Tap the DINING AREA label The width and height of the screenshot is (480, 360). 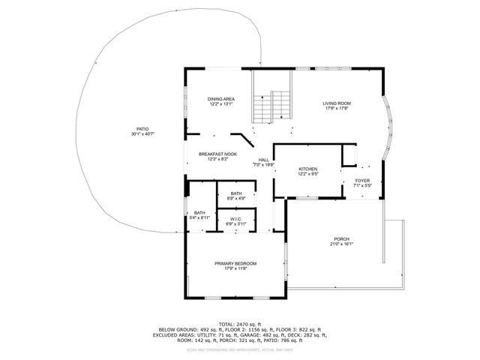220,99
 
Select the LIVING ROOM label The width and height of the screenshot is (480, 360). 337,103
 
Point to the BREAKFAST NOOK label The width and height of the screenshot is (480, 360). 217,154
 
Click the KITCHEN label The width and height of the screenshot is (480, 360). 308,169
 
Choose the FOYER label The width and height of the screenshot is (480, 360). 362,180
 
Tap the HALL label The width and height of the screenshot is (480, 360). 264,160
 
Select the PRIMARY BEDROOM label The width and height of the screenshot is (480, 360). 235,263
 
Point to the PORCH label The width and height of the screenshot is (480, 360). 342,238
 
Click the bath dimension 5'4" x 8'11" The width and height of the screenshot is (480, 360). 199,218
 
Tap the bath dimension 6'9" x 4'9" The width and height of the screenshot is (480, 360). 236,199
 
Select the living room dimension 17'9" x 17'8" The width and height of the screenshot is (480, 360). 337,109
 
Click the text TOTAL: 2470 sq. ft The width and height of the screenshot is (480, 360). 239,323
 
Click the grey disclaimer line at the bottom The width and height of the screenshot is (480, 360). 239,349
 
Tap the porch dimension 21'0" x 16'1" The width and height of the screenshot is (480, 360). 342,244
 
